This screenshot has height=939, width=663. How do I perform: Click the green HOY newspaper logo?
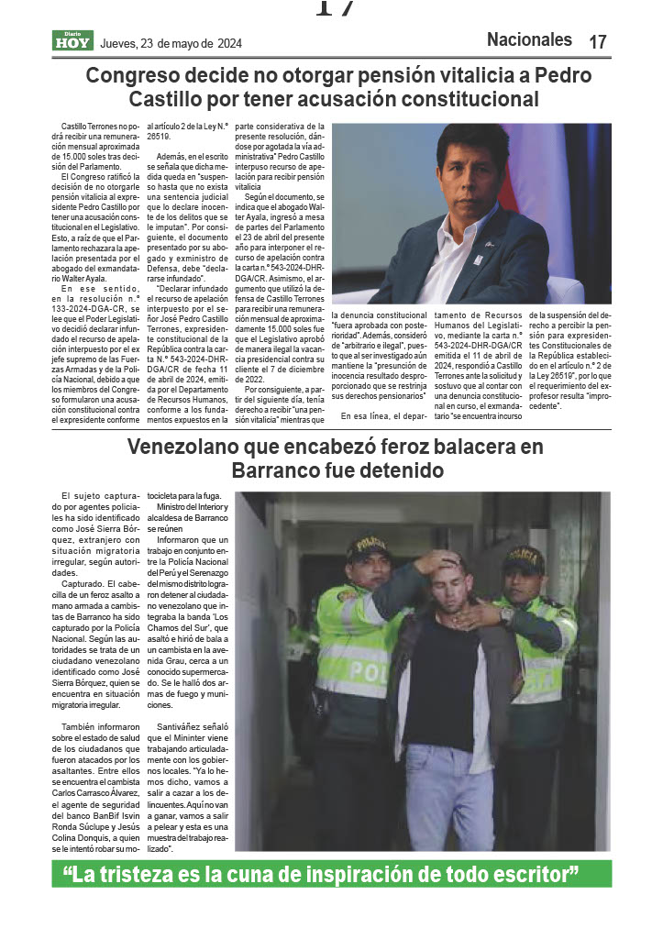tap(72, 41)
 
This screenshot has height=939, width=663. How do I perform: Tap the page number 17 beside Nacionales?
tap(598, 41)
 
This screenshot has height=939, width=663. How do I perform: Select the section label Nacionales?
tap(529, 39)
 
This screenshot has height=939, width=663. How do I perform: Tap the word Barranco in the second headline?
tap(274, 470)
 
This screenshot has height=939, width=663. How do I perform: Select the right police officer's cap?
tap(525, 557)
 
